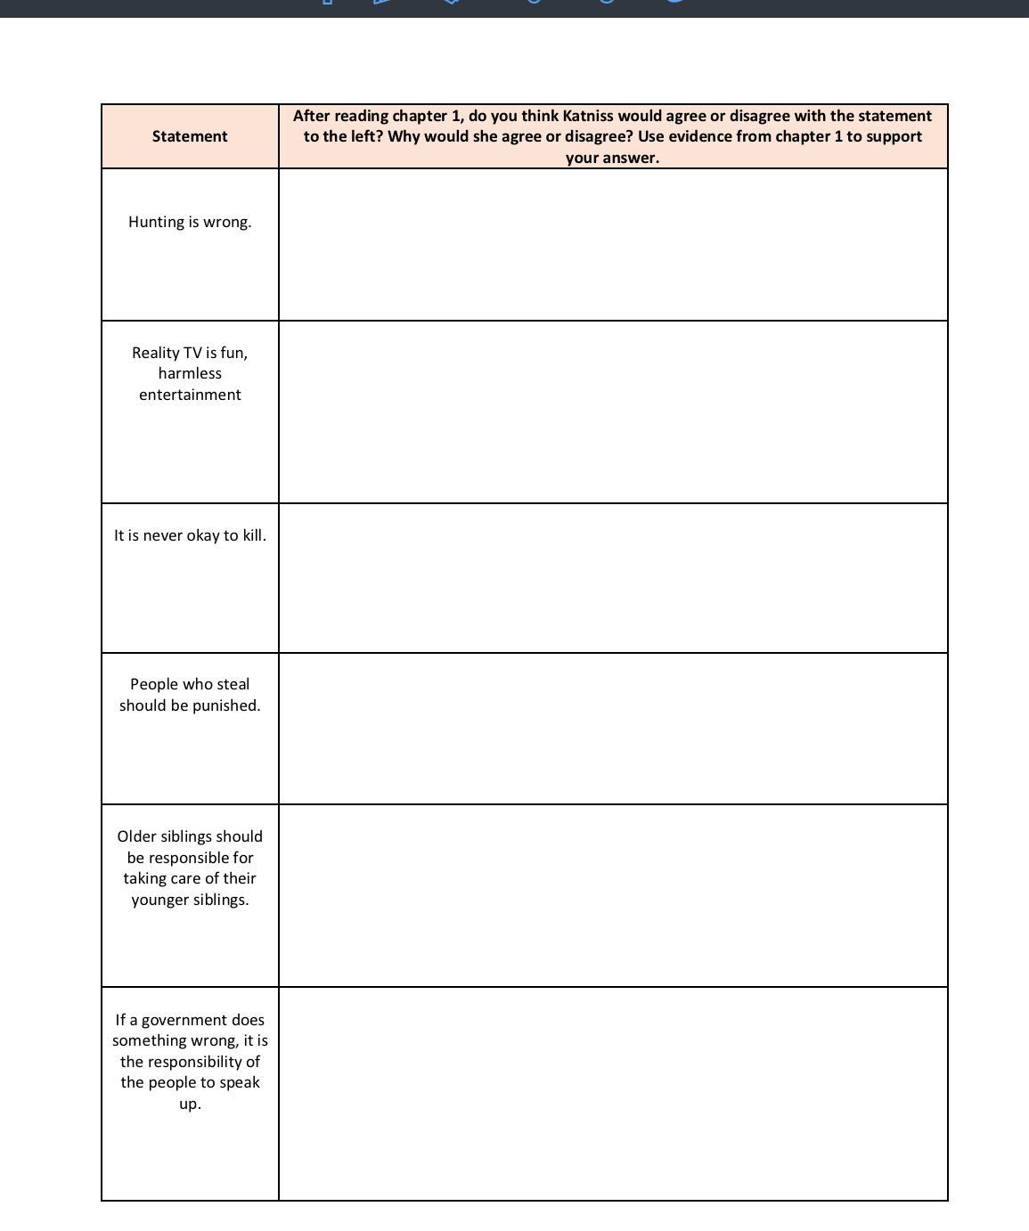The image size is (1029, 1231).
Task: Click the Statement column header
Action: click(190, 136)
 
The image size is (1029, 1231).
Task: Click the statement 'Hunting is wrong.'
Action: click(190, 222)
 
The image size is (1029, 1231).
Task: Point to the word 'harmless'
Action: click(190, 373)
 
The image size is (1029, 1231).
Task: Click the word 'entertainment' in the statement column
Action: click(190, 395)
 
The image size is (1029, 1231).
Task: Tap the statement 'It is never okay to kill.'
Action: click(190, 535)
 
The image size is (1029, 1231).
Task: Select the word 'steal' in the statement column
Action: click(232, 684)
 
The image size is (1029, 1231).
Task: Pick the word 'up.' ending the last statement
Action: click(190, 1104)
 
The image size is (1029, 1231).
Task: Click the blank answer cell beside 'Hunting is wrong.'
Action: click(613, 245)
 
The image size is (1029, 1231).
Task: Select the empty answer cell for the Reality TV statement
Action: click(613, 412)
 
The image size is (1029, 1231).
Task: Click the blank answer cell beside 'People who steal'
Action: click(613, 729)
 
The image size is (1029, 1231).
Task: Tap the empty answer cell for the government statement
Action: click(613, 1094)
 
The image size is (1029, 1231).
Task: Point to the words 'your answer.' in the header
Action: click(612, 158)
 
